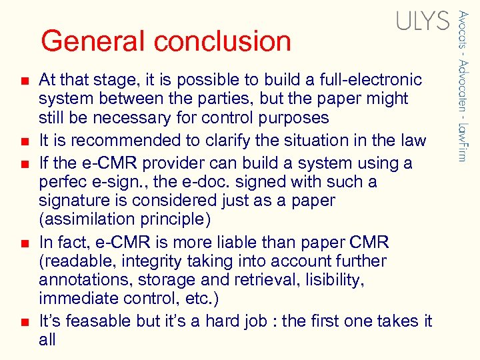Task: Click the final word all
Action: point(47,339)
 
